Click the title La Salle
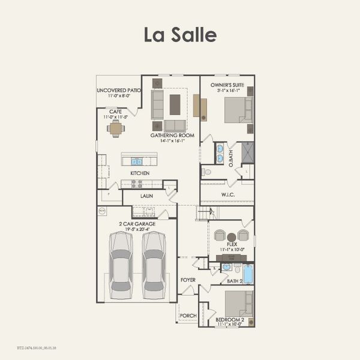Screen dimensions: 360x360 [180, 34]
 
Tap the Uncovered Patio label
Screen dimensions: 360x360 [119, 91]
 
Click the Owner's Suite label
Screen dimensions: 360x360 [227, 85]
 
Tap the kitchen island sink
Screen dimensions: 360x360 [137, 161]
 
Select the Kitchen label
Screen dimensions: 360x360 [140, 173]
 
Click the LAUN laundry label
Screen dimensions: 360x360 [146, 196]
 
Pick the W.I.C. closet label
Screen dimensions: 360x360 [227, 194]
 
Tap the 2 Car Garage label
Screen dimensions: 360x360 [137, 224]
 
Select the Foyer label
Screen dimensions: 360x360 [188, 280]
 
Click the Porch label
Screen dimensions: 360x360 [188, 315]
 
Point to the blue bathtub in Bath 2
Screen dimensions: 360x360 [248, 274]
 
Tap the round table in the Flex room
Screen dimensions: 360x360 [232, 237]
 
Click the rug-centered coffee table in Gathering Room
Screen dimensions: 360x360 [175, 104]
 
